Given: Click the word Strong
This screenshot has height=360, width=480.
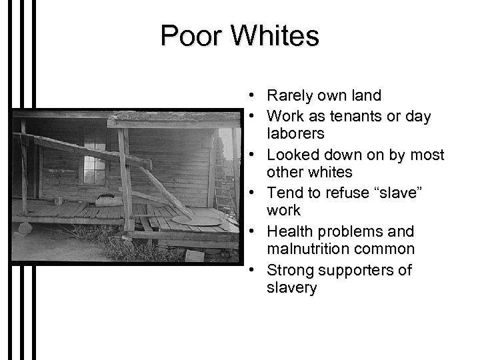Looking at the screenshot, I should tap(289, 270).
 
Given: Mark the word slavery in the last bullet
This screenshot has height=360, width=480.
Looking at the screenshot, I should tap(292, 288).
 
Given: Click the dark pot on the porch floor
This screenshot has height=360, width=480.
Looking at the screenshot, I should tap(104, 198).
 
